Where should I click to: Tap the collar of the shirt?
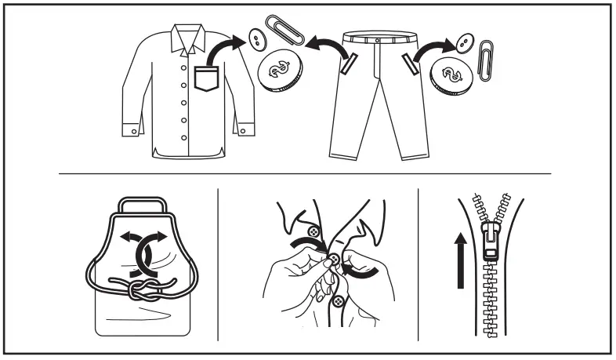click(x=188, y=36)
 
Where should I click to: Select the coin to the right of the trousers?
click(x=450, y=75)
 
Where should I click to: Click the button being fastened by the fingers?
click(x=334, y=260)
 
